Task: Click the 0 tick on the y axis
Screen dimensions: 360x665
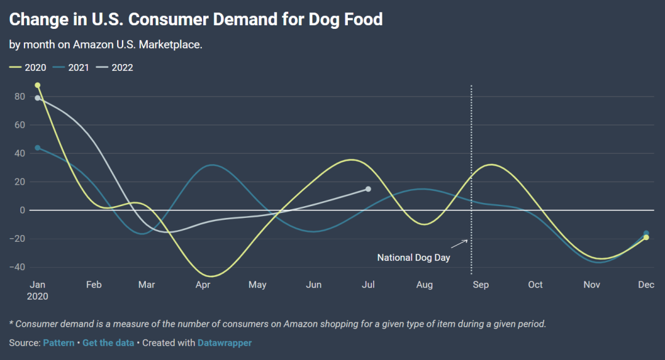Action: tap(22, 210)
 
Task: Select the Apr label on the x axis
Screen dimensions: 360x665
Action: tap(203, 285)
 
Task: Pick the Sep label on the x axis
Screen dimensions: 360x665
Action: tap(480, 285)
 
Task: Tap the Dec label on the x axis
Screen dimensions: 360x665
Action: tap(646, 285)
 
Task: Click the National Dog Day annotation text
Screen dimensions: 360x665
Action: tap(414, 258)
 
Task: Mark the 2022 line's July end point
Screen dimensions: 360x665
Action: tap(368, 189)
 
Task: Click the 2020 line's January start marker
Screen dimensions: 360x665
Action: tap(38, 86)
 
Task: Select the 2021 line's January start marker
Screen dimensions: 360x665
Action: tap(38, 148)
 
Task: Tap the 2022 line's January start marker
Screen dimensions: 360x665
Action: tap(38, 98)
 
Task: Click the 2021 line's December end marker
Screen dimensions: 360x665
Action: tap(646, 233)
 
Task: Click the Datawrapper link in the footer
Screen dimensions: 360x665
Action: tap(225, 343)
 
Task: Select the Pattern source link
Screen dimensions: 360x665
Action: tap(58, 343)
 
